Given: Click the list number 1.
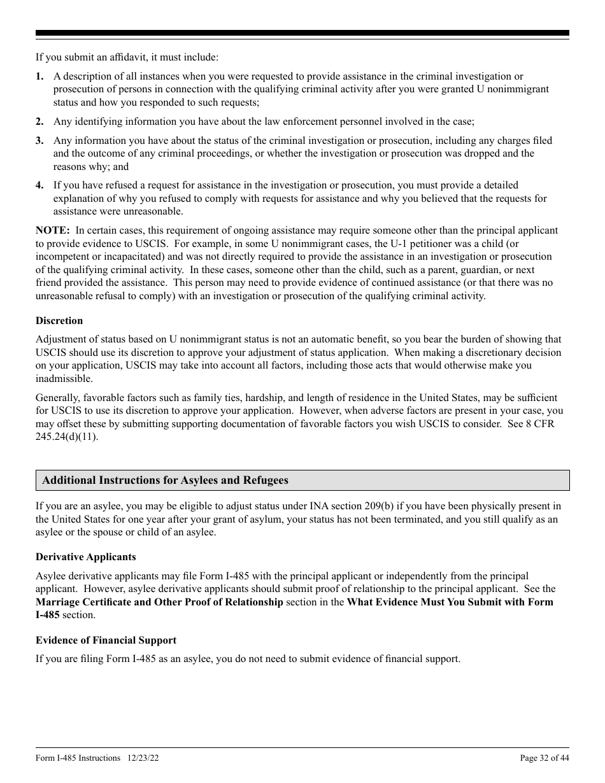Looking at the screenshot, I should [39, 76].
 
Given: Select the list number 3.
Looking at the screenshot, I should [39, 141].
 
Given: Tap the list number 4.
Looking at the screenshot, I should [39, 185].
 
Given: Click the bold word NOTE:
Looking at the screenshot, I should [53, 230].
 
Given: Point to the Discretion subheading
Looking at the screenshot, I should [59, 321].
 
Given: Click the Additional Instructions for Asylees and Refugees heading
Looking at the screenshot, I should [165, 481].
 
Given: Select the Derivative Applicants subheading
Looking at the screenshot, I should [86, 557].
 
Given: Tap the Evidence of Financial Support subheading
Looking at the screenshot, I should [106, 640].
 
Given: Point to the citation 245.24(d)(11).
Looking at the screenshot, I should [66, 437].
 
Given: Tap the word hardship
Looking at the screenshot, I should [269, 397].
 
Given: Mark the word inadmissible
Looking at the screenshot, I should [64, 379].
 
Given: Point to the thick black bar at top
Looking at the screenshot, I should [302, 33].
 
